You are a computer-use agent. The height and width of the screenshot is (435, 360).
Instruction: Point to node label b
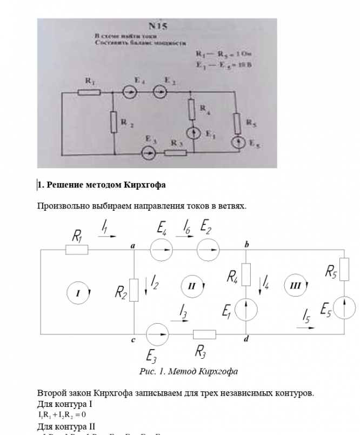pyautogui.click(x=246, y=245)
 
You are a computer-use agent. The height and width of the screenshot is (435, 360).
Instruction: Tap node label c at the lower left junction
pyautogui.click(x=133, y=340)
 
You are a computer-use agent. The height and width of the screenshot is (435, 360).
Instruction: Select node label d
pyautogui.click(x=246, y=339)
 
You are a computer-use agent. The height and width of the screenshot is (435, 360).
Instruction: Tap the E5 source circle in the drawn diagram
pyautogui.click(x=344, y=308)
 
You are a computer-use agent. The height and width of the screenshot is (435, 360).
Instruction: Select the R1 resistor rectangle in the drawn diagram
pyautogui.click(x=77, y=250)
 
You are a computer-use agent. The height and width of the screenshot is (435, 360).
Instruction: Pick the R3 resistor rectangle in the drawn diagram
pyautogui.click(x=205, y=334)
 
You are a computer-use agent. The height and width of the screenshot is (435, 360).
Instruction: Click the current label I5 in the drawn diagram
pyautogui.click(x=306, y=314)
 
